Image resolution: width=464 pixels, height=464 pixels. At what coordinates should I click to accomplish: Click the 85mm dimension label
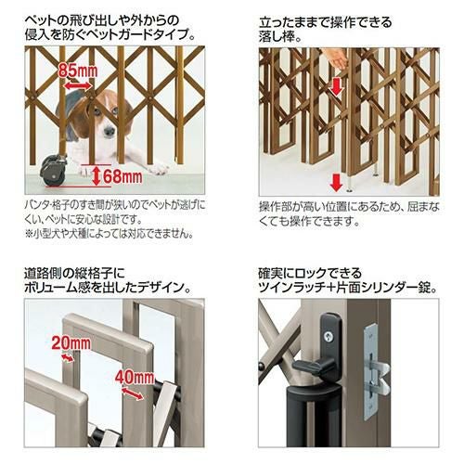tap(78, 71)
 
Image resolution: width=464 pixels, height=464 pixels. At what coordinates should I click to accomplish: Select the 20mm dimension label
tap(71, 342)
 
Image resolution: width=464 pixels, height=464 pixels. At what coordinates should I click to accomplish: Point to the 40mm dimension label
tap(135, 377)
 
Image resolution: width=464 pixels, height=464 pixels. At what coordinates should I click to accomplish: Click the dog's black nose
tap(109, 132)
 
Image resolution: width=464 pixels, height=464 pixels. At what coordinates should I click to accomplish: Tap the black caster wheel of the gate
tap(53, 171)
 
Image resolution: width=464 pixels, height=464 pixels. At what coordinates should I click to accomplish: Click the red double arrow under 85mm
tap(78, 85)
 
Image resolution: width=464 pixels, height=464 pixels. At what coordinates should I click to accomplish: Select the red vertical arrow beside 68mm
tap(97, 175)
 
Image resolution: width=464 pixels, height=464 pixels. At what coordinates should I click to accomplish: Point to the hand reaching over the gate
tap(337, 58)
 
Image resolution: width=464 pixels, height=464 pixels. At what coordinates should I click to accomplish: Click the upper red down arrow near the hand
tap(337, 86)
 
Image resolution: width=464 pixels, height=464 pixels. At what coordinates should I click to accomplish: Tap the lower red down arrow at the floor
tap(336, 183)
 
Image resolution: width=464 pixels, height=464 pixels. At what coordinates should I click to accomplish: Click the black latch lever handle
tap(313, 367)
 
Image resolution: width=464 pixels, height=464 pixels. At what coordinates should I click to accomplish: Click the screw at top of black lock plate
tap(327, 334)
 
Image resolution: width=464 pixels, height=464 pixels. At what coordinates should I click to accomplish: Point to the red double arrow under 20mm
tap(68, 358)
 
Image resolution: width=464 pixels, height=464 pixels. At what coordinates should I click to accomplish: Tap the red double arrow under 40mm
tap(133, 393)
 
